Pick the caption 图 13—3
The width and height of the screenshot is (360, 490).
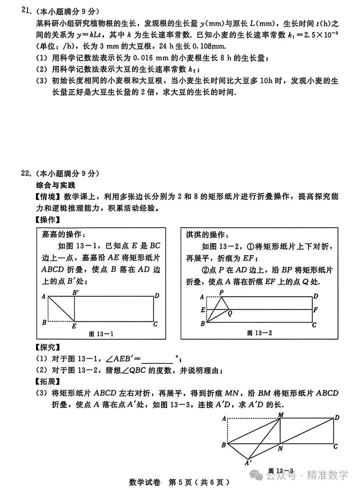(281, 470)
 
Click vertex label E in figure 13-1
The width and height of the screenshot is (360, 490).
(73, 326)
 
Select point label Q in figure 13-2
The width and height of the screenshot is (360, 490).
(229, 314)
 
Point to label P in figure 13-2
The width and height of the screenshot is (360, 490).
(221, 292)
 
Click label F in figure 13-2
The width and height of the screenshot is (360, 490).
(315, 310)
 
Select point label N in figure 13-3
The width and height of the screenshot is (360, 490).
(280, 448)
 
